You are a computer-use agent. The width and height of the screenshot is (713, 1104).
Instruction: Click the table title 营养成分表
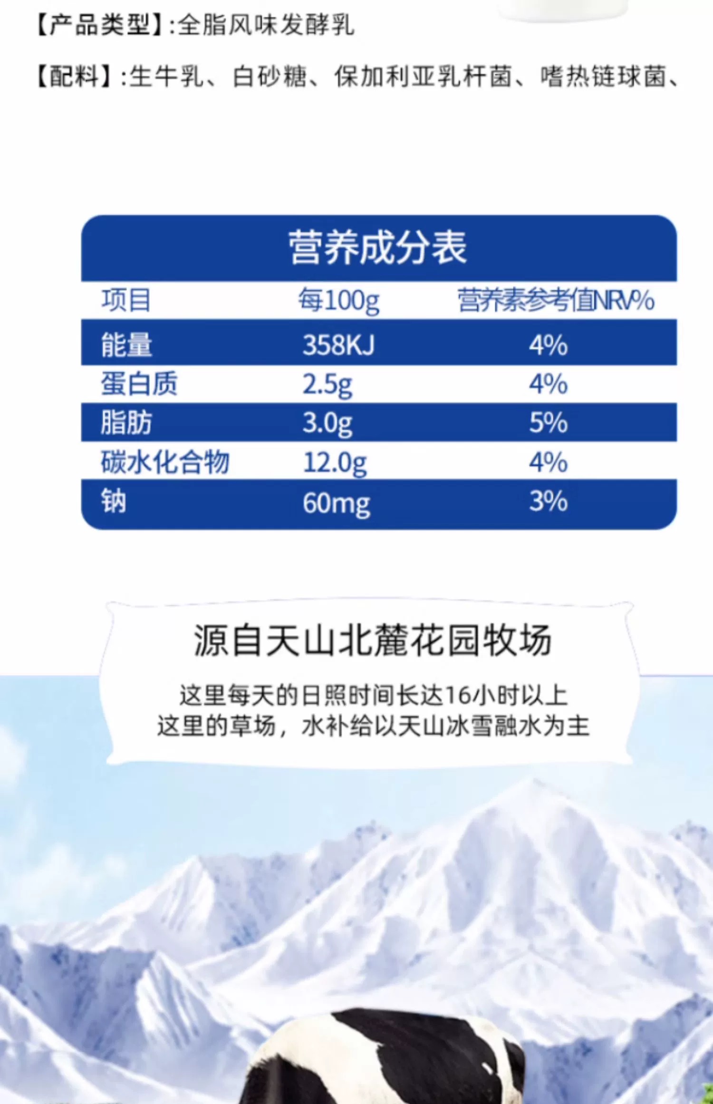[378, 247]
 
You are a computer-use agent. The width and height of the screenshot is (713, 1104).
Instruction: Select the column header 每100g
[339, 300]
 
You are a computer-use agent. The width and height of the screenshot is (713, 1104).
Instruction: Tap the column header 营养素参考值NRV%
[556, 300]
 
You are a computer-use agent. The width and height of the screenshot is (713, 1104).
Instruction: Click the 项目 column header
[126, 300]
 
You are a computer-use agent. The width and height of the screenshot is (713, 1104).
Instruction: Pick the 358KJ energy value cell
[339, 344]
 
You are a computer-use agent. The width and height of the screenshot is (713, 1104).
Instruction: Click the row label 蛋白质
[139, 384]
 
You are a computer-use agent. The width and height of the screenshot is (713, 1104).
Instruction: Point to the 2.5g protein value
[328, 385]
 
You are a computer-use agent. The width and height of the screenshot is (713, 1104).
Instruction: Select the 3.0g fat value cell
[328, 423]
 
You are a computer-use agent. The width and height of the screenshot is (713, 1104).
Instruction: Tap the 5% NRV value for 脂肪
[549, 422]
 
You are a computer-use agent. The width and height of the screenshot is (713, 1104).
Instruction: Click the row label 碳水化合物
[165, 462]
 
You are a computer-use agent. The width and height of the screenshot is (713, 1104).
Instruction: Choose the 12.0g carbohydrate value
[335, 463]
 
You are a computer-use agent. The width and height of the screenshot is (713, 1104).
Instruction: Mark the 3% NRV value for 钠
[549, 501]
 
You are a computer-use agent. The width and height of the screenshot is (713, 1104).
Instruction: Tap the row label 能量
[126, 345]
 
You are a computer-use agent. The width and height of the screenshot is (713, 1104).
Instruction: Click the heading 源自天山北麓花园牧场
[373, 640]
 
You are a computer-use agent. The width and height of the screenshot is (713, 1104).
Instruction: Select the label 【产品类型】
[100, 25]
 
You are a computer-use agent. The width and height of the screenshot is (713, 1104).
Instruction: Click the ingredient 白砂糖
[270, 77]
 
